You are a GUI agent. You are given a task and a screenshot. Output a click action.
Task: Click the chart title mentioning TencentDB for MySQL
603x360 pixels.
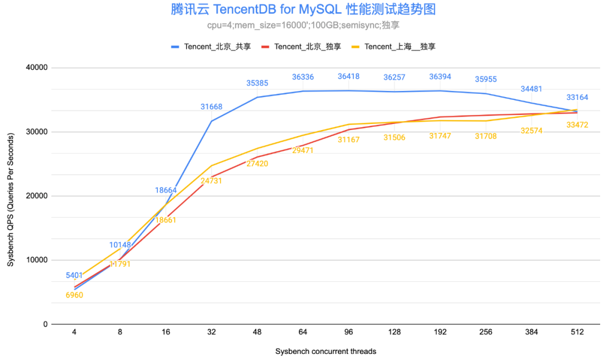coord(302,9)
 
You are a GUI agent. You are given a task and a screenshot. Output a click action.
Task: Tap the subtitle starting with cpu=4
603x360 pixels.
coord(302,25)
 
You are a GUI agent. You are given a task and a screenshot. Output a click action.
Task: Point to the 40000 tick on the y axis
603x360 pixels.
coord(37,68)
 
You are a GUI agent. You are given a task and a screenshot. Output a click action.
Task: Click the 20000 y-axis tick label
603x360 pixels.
coord(37,196)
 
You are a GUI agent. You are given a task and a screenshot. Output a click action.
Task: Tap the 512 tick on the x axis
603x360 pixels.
coord(577,332)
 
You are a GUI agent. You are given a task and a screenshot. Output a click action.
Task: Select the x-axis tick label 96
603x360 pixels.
coord(349,332)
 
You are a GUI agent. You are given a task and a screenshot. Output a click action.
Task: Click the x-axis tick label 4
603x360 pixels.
coord(74,332)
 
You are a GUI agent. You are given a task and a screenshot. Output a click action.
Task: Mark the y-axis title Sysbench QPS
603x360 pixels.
coord(11,195)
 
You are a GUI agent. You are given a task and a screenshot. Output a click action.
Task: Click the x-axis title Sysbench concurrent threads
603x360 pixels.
coord(326,351)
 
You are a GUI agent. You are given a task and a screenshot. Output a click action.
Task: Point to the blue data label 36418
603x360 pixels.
coord(349,76)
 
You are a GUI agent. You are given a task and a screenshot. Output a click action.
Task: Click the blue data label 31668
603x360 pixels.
coord(212,107)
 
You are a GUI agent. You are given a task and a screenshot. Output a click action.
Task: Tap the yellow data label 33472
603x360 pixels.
coord(577,125)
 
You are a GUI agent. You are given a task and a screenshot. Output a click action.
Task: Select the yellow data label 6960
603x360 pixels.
coord(74,295)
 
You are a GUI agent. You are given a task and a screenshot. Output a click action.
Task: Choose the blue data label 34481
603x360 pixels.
coord(532,89)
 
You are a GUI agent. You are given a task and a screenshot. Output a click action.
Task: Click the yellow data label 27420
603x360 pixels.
coord(257,164)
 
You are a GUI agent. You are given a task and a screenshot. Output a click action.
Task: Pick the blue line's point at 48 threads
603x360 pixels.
coord(257,97)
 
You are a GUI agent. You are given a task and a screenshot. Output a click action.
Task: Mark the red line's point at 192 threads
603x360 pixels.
coord(440,117)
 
